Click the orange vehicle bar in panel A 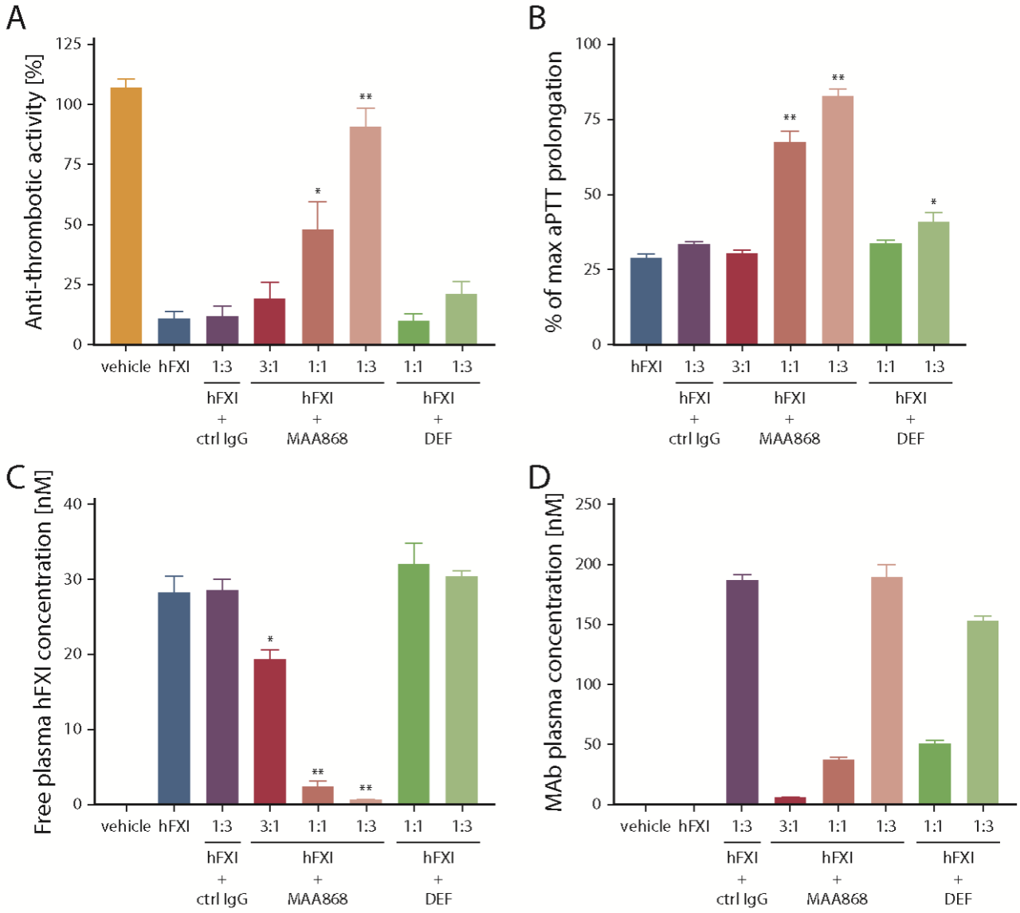pyautogui.click(x=126, y=216)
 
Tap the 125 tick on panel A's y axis pyautogui.click(x=70, y=44)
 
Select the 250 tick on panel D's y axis pyautogui.click(x=590, y=504)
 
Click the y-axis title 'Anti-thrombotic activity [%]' pyautogui.click(x=33, y=191)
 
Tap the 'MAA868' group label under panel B pyautogui.click(x=789, y=438)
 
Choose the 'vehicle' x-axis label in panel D pyautogui.click(x=645, y=826)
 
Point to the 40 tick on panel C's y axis pyautogui.click(x=73, y=504)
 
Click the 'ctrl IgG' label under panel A pyautogui.click(x=222, y=438)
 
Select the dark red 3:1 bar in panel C pyautogui.click(x=269, y=731)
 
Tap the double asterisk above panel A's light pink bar pyautogui.click(x=365, y=98)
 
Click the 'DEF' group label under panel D pyautogui.click(x=958, y=899)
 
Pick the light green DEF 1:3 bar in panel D pyautogui.click(x=983, y=712)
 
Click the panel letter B pyautogui.click(x=537, y=18)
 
